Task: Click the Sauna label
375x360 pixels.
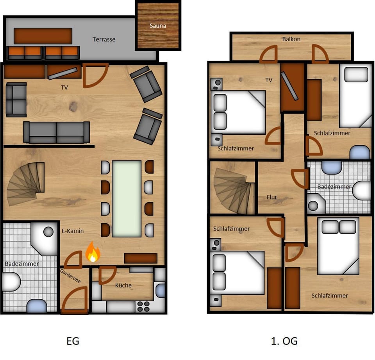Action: (158, 26)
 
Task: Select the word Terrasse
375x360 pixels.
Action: (104, 39)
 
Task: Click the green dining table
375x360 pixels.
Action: (127, 199)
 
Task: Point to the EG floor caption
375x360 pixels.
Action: (73, 341)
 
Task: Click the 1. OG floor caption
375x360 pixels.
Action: (284, 341)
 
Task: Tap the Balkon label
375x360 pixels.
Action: (291, 39)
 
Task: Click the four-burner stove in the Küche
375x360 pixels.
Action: (143, 306)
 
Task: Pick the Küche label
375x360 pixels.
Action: (123, 285)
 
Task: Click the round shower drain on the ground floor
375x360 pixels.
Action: (48, 232)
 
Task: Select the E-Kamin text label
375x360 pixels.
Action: (73, 231)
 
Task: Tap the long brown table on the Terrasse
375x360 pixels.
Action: (43, 36)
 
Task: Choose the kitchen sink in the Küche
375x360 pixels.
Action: (160, 290)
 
